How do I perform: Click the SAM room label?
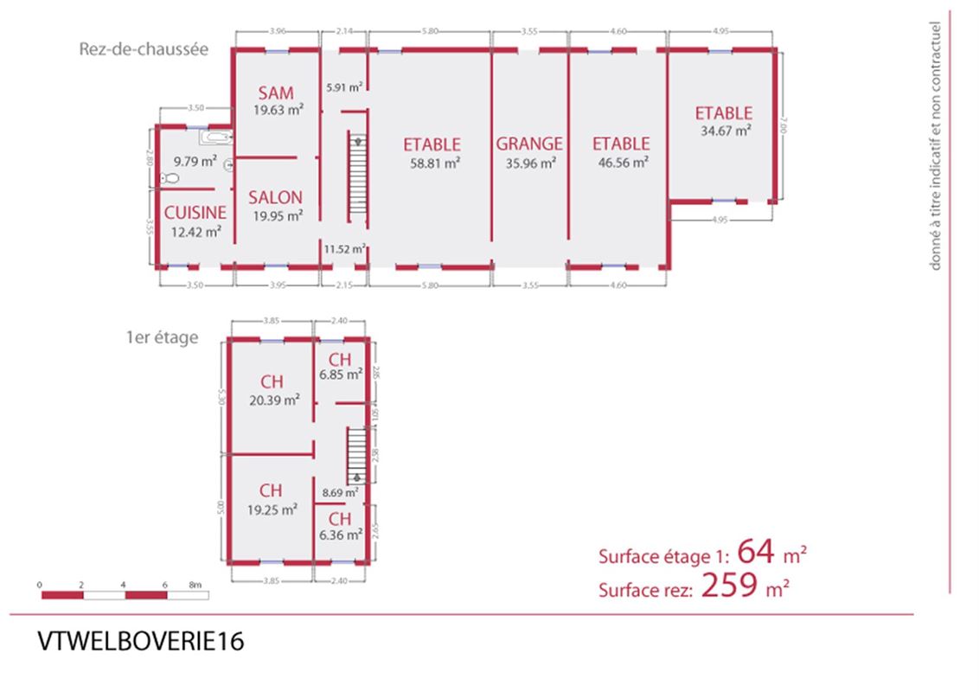(277, 93)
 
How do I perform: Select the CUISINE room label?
(195, 212)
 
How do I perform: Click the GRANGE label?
(529, 144)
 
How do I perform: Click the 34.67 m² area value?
(723, 131)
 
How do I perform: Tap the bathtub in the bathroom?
(215, 137)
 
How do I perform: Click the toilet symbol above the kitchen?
(170, 178)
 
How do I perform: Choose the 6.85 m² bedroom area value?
(340, 375)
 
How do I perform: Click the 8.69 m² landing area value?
(337, 492)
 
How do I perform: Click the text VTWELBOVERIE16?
(141, 642)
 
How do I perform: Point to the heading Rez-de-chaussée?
(144, 49)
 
